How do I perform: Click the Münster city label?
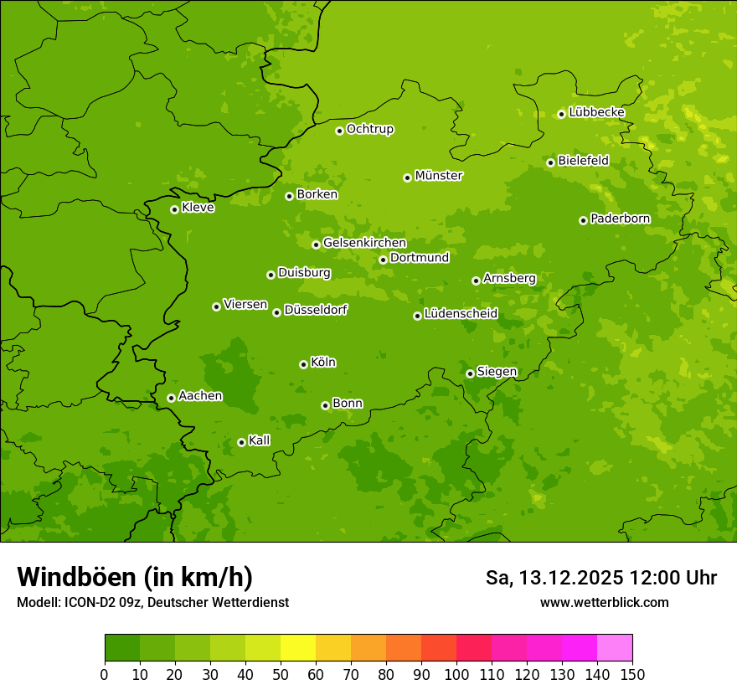(x=439, y=176)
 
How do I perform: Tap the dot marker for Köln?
(x=303, y=364)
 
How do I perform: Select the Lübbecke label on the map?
(x=596, y=112)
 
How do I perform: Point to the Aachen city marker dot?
(x=171, y=398)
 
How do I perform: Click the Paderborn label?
(x=620, y=219)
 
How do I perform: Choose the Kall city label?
(x=260, y=440)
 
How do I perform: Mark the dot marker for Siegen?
(x=470, y=373)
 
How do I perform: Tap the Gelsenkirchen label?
(x=364, y=243)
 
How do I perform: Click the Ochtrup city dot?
(x=339, y=131)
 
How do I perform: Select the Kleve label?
(x=198, y=208)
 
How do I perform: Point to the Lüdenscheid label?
(x=461, y=314)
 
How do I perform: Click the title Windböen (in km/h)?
(x=135, y=577)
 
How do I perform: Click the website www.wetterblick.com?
(x=604, y=602)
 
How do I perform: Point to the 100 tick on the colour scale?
(x=456, y=674)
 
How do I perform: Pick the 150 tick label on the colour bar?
(x=632, y=674)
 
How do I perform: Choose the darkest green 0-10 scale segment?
(x=122, y=648)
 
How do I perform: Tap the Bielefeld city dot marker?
(x=550, y=162)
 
